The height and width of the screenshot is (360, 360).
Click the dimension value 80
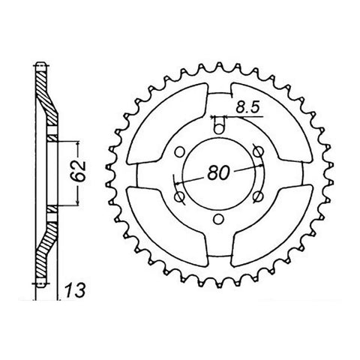[x=218, y=172]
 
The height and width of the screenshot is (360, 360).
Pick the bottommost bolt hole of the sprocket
[x=217, y=220]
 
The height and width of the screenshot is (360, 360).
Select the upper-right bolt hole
[x=259, y=151]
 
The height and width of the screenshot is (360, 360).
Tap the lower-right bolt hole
[x=259, y=197]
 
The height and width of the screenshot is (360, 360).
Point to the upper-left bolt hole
[x=177, y=151]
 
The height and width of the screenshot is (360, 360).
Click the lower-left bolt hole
[x=178, y=197]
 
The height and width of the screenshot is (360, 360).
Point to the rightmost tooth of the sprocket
[x=328, y=174]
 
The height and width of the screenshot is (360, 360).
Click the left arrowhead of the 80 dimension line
[x=176, y=182]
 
